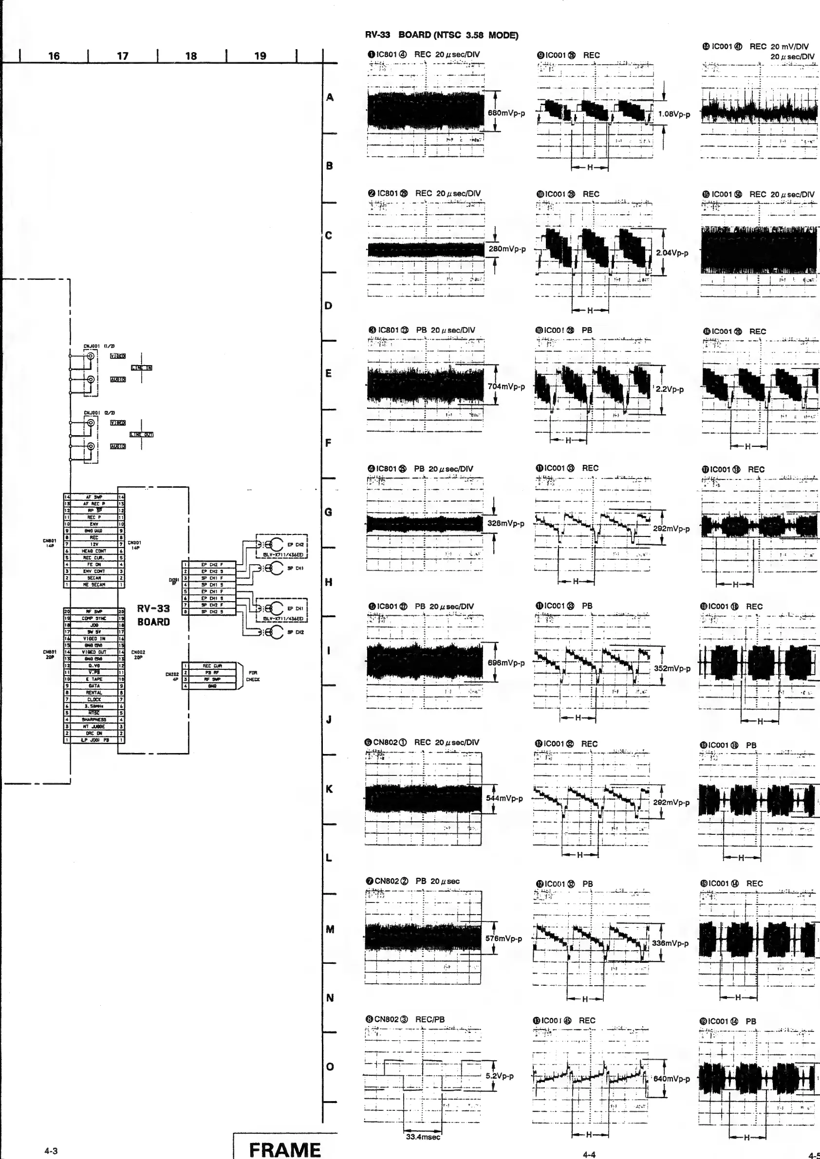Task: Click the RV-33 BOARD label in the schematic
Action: point(153,615)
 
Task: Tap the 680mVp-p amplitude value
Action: point(506,113)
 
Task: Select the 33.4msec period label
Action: point(423,1137)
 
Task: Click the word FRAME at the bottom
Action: point(285,1149)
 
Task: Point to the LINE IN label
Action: point(142,368)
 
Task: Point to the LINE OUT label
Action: point(141,434)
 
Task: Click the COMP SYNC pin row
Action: point(94,618)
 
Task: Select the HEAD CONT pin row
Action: point(94,551)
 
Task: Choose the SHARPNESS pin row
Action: point(94,719)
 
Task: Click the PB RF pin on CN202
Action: point(212,672)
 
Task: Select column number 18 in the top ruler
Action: point(191,56)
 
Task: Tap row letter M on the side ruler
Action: point(330,929)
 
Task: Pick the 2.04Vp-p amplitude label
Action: point(672,253)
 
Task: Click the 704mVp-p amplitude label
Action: point(506,386)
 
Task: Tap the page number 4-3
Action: point(51,1151)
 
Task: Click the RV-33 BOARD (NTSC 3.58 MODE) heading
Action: point(441,36)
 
